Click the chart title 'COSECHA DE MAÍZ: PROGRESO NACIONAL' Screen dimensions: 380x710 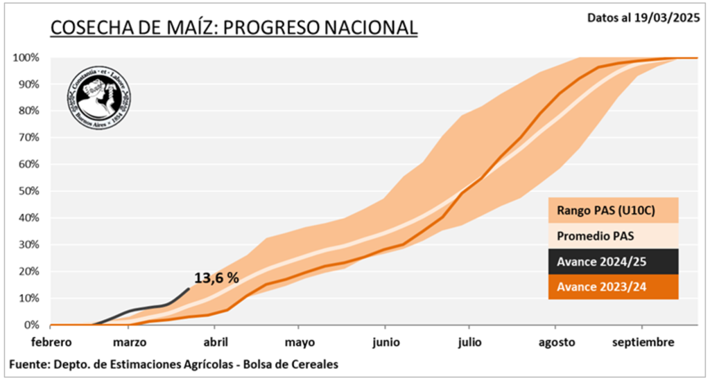(x=234, y=27)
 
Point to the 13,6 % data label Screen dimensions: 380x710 (x=216, y=278)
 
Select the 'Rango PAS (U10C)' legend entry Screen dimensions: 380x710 (x=612, y=210)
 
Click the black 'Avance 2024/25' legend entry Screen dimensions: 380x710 (x=612, y=262)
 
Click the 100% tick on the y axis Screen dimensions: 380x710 (x=26, y=57)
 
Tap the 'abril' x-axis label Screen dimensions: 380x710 (x=215, y=342)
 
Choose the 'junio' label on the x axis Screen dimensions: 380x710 (x=386, y=342)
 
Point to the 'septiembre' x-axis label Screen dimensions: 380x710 (x=643, y=342)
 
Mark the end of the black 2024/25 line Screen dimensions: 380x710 (x=189, y=289)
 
